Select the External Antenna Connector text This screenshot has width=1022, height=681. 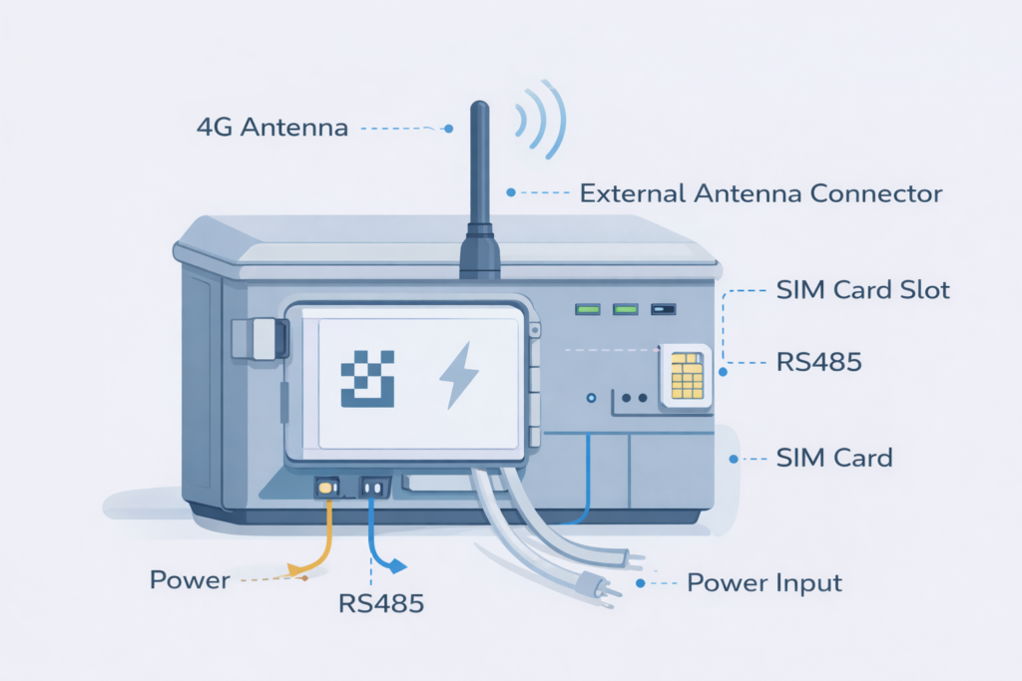[761, 192]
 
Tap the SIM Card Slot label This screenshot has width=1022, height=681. [862, 291]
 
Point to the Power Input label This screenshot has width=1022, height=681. [766, 582]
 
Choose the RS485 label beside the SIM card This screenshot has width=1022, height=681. [818, 361]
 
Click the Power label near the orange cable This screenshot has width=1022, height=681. [190, 579]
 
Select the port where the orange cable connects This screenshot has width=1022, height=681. [326, 488]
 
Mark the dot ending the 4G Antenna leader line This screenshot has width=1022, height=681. [449, 129]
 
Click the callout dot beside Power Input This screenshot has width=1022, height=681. [656, 582]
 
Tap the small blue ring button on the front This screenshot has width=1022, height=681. [591, 397]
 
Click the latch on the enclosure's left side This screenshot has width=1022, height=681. [257, 339]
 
